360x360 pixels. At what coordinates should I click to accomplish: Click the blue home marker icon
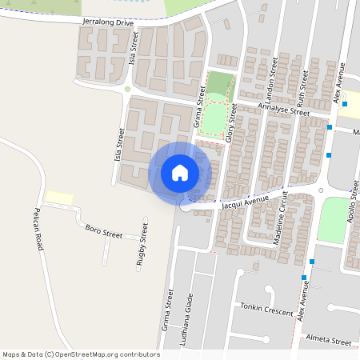(x=180, y=173)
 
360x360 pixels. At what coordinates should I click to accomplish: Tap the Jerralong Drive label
(x=107, y=23)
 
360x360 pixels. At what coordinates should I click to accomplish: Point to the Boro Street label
(x=103, y=233)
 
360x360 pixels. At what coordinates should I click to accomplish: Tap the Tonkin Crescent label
(x=266, y=310)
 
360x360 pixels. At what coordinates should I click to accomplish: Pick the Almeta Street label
(x=329, y=341)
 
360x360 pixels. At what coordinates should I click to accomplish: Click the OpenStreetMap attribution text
(x=80, y=354)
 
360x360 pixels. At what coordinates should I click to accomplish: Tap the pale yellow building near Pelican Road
(x=58, y=197)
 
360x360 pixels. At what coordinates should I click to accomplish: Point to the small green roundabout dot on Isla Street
(x=127, y=89)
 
